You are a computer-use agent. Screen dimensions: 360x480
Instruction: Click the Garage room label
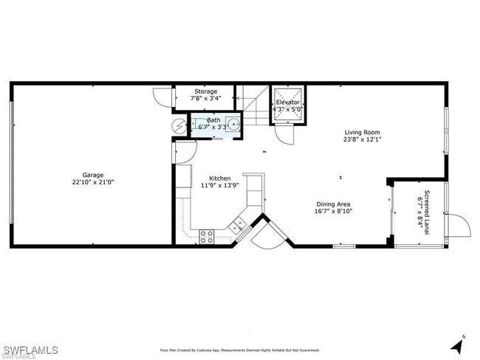(x=92, y=175)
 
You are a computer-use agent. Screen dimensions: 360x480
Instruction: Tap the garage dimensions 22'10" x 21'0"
(x=92, y=182)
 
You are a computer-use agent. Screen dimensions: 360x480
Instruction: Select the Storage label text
(x=205, y=91)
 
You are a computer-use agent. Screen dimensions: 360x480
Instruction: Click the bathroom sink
(x=233, y=125)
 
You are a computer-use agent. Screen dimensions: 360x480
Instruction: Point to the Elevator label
(x=287, y=102)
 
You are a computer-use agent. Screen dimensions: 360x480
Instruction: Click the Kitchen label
(x=219, y=179)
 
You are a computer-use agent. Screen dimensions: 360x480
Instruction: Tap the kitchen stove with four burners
(x=207, y=236)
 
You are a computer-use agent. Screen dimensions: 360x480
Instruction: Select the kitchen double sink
(x=238, y=226)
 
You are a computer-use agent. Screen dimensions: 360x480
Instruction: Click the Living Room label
(x=362, y=133)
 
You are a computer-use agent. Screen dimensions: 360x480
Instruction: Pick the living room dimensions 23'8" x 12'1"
(x=362, y=140)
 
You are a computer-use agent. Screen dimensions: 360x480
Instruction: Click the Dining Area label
(x=333, y=204)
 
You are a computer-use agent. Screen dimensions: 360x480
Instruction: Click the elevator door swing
(x=284, y=135)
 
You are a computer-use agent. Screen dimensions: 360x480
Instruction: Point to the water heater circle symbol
(x=180, y=126)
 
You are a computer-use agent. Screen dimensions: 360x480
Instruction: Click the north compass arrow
(x=458, y=344)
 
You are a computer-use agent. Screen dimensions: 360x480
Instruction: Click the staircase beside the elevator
(x=255, y=107)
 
